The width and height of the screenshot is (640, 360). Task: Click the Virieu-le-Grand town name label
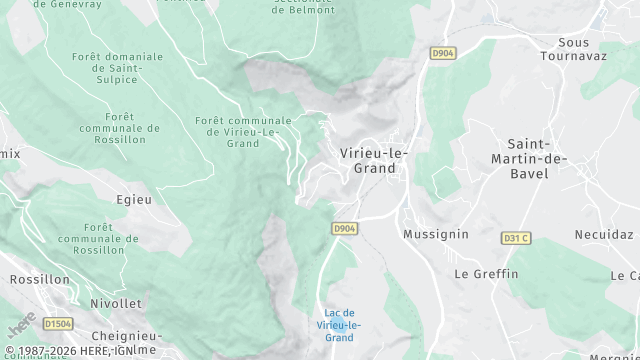click(375, 160)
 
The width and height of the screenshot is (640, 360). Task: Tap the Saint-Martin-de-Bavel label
click(529, 159)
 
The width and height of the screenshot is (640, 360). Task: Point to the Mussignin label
click(435, 234)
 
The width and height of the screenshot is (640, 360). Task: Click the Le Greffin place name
click(486, 273)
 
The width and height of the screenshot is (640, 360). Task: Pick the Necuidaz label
click(604, 234)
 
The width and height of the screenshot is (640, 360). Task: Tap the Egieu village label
click(134, 199)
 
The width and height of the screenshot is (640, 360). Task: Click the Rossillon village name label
click(38, 280)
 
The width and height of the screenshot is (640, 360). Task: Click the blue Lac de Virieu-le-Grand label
click(339, 325)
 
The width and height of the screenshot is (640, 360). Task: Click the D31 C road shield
click(515, 238)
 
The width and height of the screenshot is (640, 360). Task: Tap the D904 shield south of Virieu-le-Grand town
click(344, 229)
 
